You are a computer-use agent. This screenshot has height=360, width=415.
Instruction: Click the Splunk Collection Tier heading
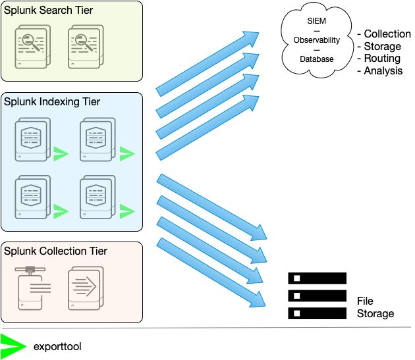coord(55,251)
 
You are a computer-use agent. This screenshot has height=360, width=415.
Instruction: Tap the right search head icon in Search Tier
coord(85,47)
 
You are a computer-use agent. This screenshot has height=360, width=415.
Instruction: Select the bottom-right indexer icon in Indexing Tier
coord(97,197)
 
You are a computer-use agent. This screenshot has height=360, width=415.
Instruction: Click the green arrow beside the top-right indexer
coord(126,154)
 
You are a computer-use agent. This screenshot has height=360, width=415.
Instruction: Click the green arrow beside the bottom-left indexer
coord(61,211)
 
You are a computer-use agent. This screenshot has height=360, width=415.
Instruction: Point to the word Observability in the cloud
coord(317,40)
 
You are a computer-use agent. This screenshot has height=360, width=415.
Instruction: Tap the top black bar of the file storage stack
coord(317,278)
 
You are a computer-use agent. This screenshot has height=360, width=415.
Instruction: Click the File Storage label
coord(375,307)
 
